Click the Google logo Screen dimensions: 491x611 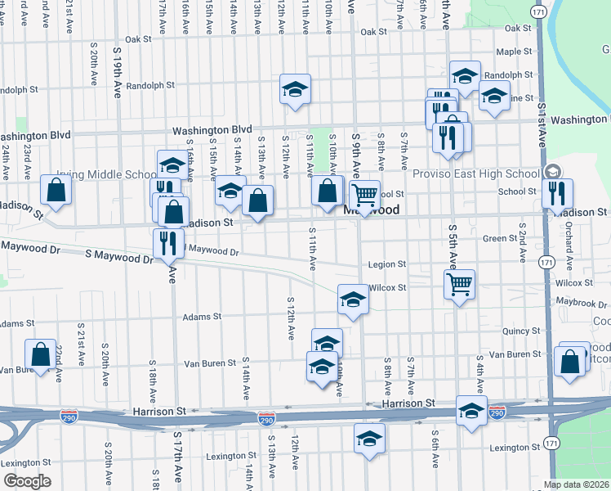click(x=26, y=481)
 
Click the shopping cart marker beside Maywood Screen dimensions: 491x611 click(x=365, y=195)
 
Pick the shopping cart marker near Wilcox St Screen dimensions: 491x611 click(x=460, y=285)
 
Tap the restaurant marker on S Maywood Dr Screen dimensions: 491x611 click(x=168, y=243)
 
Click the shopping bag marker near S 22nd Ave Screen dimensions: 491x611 click(x=41, y=354)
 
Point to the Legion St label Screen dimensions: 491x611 click(x=386, y=264)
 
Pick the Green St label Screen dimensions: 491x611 click(x=495, y=239)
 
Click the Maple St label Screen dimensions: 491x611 click(x=514, y=52)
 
